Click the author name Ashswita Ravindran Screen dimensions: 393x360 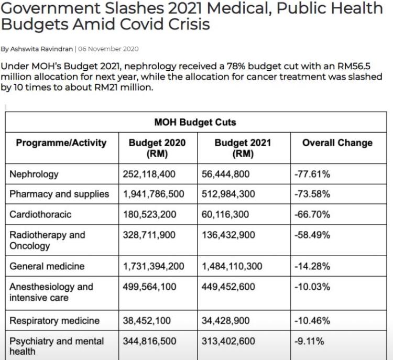tap(41, 49)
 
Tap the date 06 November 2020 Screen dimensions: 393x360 tap(108, 49)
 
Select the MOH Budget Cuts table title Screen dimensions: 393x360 tap(195, 122)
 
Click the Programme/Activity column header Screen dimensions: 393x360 tap(61, 143)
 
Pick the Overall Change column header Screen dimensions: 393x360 tap(337, 143)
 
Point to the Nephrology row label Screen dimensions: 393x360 tap(34, 174)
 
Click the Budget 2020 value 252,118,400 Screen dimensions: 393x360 tap(149, 174)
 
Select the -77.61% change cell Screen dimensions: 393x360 tap(312, 174)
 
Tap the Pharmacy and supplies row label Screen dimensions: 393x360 tap(59, 194)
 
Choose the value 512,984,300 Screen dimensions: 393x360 tap(228, 194)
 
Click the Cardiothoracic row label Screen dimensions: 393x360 tap(40, 215)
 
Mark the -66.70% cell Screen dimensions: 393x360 tap(312, 215)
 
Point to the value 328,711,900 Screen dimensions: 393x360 tap(149, 235)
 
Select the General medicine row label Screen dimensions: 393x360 tap(47, 266)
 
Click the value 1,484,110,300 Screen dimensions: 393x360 tap(232, 266)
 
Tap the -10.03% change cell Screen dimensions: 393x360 tap(312, 287)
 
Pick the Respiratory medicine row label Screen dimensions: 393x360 tap(54, 321)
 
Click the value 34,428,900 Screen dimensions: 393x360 tap(225, 321)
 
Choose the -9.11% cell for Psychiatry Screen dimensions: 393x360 tap(309, 341)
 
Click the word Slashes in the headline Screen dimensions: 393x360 tap(134, 8)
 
